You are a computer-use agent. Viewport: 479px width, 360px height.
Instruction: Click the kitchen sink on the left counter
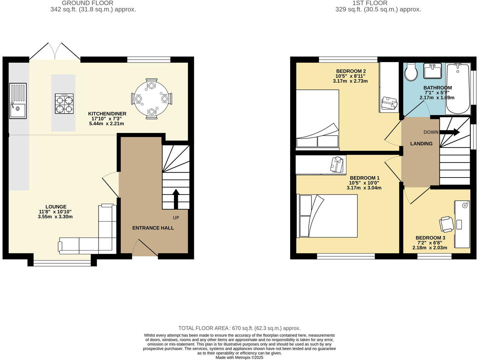tap(18, 101)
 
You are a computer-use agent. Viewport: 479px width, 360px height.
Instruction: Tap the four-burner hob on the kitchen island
tap(64, 104)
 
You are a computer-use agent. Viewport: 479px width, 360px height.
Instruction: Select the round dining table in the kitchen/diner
tap(151, 98)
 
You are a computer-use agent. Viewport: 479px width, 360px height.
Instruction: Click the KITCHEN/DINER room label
tap(107, 114)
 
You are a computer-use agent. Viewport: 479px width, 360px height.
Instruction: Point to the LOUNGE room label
tap(56, 207)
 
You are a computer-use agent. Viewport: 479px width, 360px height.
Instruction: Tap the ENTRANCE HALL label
tap(153, 228)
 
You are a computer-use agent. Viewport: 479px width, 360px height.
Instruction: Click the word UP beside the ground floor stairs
tap(176, 218)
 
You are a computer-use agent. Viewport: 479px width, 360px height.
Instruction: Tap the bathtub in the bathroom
tap(458, 88)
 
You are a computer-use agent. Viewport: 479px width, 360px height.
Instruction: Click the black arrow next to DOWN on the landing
tap(450, 132)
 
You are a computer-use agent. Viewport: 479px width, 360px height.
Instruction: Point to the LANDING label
tap(421, 144)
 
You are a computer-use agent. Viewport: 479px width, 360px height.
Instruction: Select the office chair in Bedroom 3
tap(446, 224)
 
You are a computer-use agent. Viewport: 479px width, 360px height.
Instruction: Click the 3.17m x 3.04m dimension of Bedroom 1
tap(364, 188)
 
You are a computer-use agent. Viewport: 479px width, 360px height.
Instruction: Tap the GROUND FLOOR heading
tap(88, 3)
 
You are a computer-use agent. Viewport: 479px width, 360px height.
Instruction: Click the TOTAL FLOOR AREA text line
tap(239, 328)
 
